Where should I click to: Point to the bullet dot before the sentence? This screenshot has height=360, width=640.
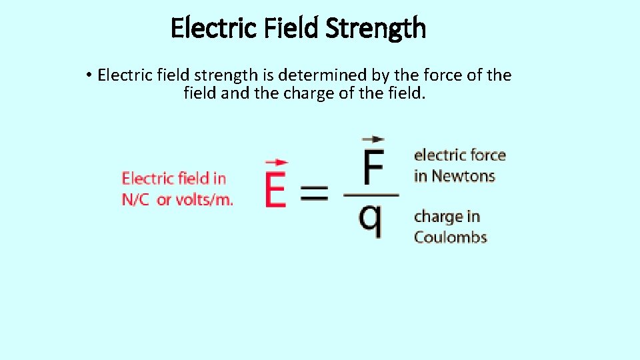(x=89, y=75)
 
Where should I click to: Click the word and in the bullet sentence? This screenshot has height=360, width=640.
(x=234, y=93)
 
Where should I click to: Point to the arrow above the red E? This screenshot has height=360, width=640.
(x=276, y=162)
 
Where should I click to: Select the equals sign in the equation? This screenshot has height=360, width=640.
(x=314, y=195)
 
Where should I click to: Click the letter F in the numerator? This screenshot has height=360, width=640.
(x=372, y=169)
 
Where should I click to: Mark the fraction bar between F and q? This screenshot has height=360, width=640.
(x=371, y=195)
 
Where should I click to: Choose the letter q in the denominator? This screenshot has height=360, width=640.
(x=371, y=219)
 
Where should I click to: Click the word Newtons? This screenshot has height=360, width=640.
(x=463, y=176)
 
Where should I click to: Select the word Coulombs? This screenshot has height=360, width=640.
(x=450, y=237)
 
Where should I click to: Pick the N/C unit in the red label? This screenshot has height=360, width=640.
(x=135, y=199)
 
